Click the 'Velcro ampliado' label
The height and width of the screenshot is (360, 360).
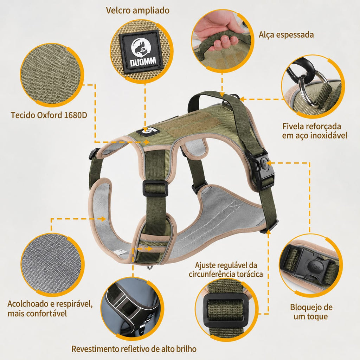[x=137, y=10]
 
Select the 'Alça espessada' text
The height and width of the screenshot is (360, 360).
[x=286, y=35]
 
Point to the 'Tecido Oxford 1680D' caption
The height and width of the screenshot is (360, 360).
[x=49, y=115]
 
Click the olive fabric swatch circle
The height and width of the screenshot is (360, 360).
[x=52, y=75]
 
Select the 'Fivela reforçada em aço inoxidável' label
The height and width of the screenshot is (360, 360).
[x=315, y=131]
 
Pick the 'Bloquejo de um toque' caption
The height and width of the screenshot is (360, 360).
[x=311, y=312]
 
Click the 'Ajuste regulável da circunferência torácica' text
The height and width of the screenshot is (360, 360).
[x=226, y=270]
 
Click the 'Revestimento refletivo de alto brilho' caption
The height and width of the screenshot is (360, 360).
[x=134, y=349]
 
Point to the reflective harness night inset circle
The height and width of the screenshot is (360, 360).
[x=132, y=308]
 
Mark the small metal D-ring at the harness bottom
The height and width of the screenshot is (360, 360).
[x=150, y=267]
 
